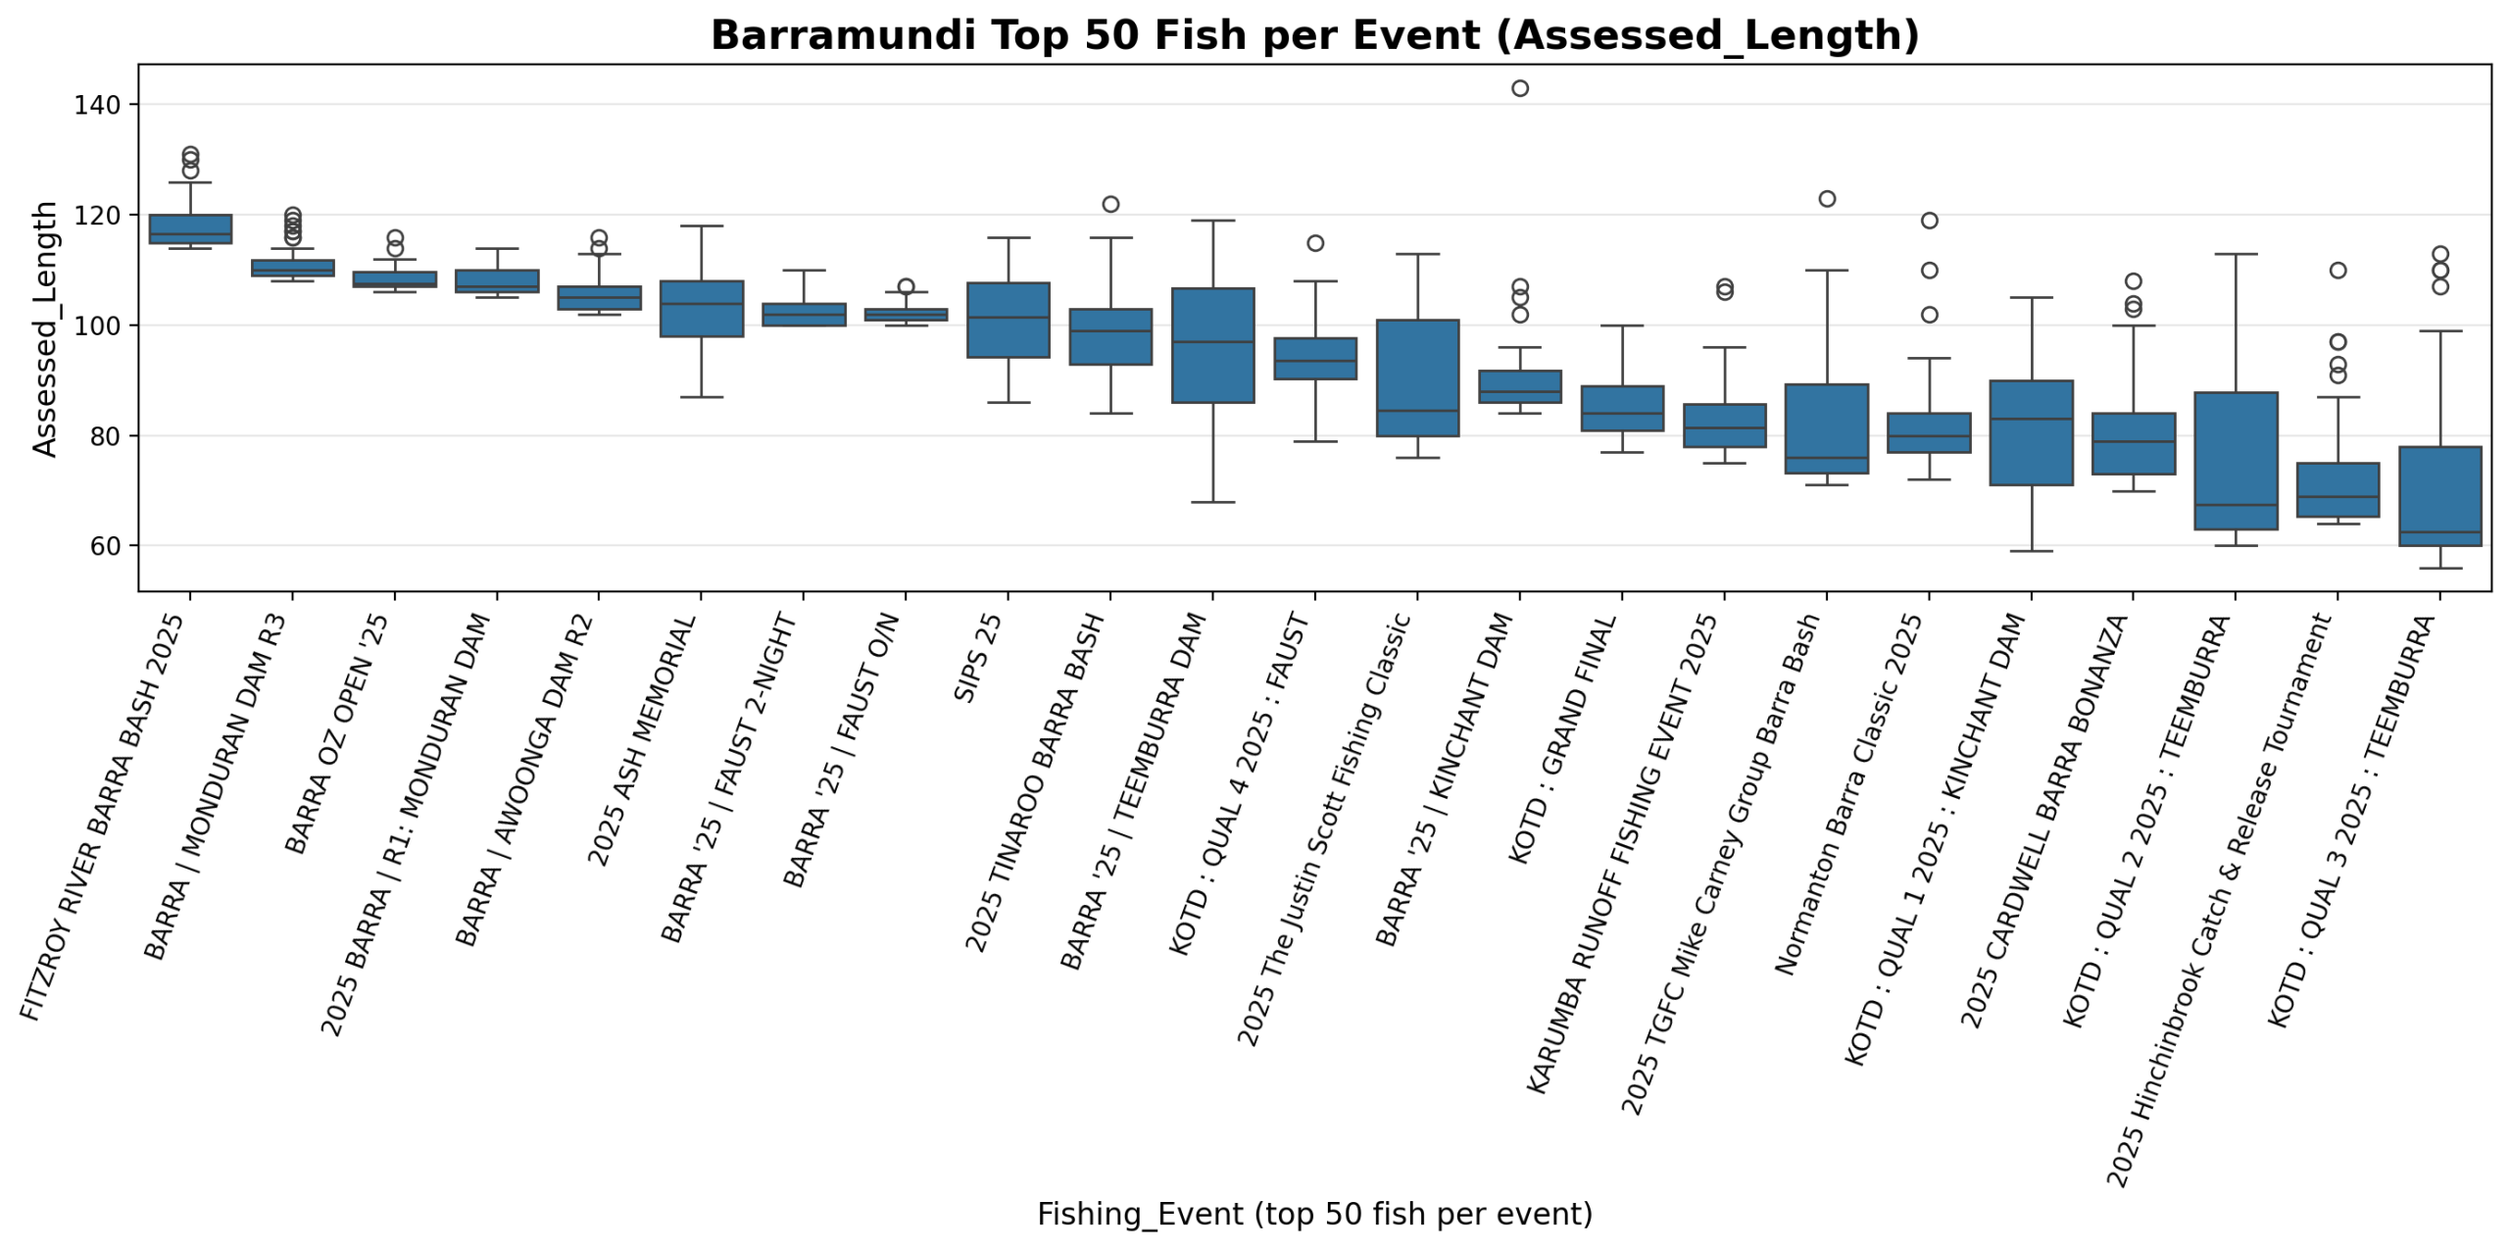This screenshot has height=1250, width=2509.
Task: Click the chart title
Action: click(x=1313, y=36)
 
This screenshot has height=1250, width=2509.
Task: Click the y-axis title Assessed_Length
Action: click(x=45, y=328)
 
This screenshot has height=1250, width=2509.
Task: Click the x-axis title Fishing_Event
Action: click(x=1313, y=1214)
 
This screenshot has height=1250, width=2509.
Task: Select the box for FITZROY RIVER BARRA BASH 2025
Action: click(x=190, y=228)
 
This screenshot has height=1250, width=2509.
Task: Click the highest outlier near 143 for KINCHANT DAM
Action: click(x=1519, y=88)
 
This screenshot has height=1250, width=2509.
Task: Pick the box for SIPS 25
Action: click(x=1008, y=321)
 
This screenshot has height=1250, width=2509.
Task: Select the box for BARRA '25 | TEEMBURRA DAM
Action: click(x=1212, y=345)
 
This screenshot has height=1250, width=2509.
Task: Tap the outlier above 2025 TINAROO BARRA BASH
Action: click(x=1110, y=204)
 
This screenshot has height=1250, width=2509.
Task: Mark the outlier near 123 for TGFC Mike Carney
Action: click(x=1827, y=199)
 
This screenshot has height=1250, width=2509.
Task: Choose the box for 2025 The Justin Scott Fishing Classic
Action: click(x=1417, y=377)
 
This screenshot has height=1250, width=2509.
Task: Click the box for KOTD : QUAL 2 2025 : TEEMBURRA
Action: click(x=2236, y=461)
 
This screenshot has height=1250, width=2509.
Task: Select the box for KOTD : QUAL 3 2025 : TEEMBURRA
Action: click(x=2439, y=496)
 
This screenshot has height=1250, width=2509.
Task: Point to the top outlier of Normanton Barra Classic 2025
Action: click(x=1929, y=221)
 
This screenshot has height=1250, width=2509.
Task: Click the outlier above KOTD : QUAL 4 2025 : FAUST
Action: click(x=1315, y=243)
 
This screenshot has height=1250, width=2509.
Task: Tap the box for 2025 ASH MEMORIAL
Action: click(x=701, y=309)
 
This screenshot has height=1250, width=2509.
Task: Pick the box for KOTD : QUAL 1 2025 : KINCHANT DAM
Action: click(x=2031, y=432)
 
